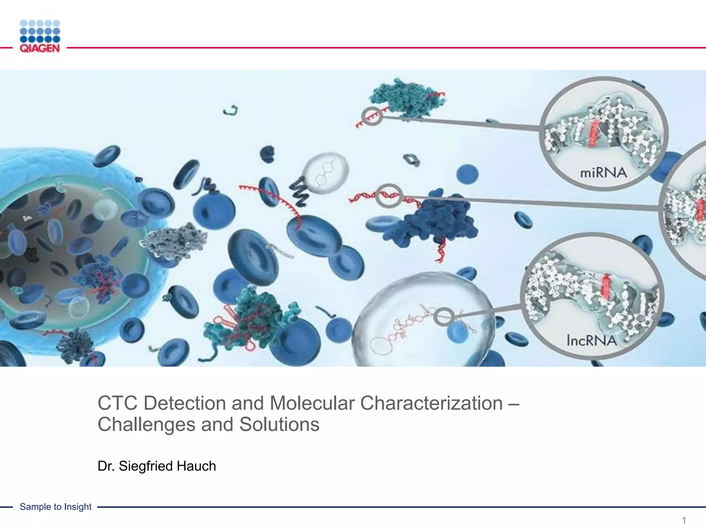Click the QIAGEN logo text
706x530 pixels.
[40, 48]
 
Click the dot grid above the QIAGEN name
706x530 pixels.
[40, 31]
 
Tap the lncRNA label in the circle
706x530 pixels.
[592, 341]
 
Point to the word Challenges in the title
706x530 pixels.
[147, 424]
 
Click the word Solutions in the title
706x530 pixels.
[279, 424]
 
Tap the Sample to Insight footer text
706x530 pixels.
[56, 507]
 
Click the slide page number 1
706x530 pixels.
[684, 520]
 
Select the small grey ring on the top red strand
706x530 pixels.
[372, 116]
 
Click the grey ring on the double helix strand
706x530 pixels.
[389, 196]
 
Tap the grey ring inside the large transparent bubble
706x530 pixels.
[444, 316]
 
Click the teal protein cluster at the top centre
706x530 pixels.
[407, 98]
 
